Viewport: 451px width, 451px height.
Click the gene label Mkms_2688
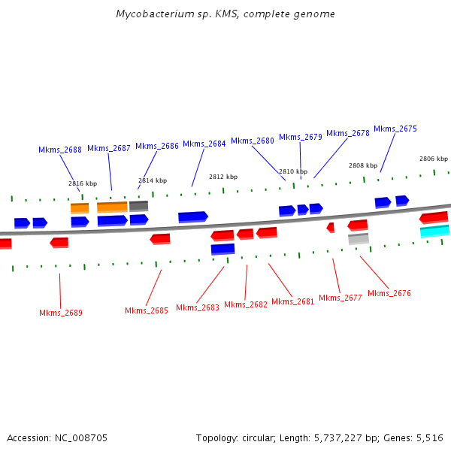click(60, 150)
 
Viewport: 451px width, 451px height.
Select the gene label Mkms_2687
click(109, 148)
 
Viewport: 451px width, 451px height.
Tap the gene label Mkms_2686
click(157, 146)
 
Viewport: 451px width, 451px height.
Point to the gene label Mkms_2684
click(204, 144)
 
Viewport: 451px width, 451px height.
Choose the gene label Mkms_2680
click(253, 141)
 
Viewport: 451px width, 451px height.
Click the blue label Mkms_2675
click(395, 129)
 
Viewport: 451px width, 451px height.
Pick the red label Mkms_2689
click(61, 313)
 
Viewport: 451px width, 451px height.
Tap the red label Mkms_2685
click(147, 310)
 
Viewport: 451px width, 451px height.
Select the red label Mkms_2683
click(198, 307)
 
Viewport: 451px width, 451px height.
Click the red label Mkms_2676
click(389, 293)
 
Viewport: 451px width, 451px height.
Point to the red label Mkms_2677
click(341, 298)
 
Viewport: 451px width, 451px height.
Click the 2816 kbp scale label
click(83, 183)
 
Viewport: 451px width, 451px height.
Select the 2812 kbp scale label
click(223, 177)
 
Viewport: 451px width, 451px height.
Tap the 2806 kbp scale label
click(434, 159)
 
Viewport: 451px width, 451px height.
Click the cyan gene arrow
click(434, 231)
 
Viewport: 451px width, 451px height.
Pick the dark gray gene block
click(138, 205)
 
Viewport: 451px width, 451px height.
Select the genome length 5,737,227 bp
click(342, 437)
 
